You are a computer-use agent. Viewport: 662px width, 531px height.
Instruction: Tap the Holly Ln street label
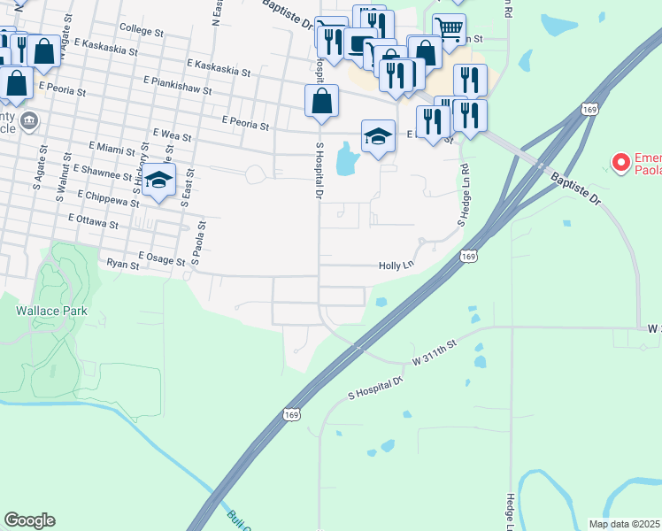pyautogui.click(x=396, y=265)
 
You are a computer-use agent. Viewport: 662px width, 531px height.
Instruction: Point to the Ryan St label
pyautogui.click(x=123, y=264)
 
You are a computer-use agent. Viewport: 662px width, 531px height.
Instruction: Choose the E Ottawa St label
pyautogui.click(x=92, y=219)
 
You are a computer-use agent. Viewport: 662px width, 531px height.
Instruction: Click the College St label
pyautogui.click(x=141, y=31)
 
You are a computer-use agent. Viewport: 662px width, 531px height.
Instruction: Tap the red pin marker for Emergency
pyautogui.click(x=620, y=162)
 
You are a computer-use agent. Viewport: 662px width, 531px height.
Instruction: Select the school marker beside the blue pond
pyautogui.click(x=378, y=137)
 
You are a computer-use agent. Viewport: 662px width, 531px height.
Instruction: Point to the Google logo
pyautogui.click(x=29, y=520)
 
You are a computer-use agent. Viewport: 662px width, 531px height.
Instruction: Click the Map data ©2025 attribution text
pyautogui.click(x=625, y=524)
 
